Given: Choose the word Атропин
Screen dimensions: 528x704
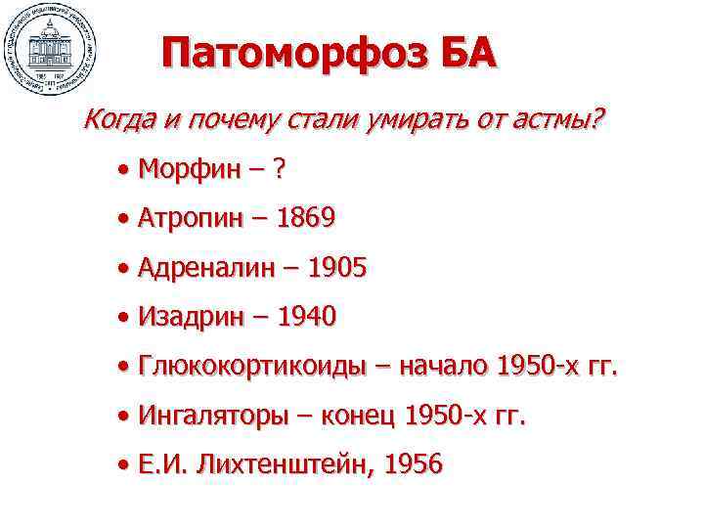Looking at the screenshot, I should pyautogui.click(x=194, y=217).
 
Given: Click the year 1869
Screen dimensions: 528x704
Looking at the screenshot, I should pyautogui.click(x=306, y=217).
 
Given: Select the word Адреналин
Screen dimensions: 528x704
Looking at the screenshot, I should pyautogui.click(x=208, y=267).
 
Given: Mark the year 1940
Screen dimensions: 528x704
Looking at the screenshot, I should pyautogui.click(x=305, y=317).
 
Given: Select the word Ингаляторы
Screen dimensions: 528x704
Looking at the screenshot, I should pyautogui.click(x=213, y=417).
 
